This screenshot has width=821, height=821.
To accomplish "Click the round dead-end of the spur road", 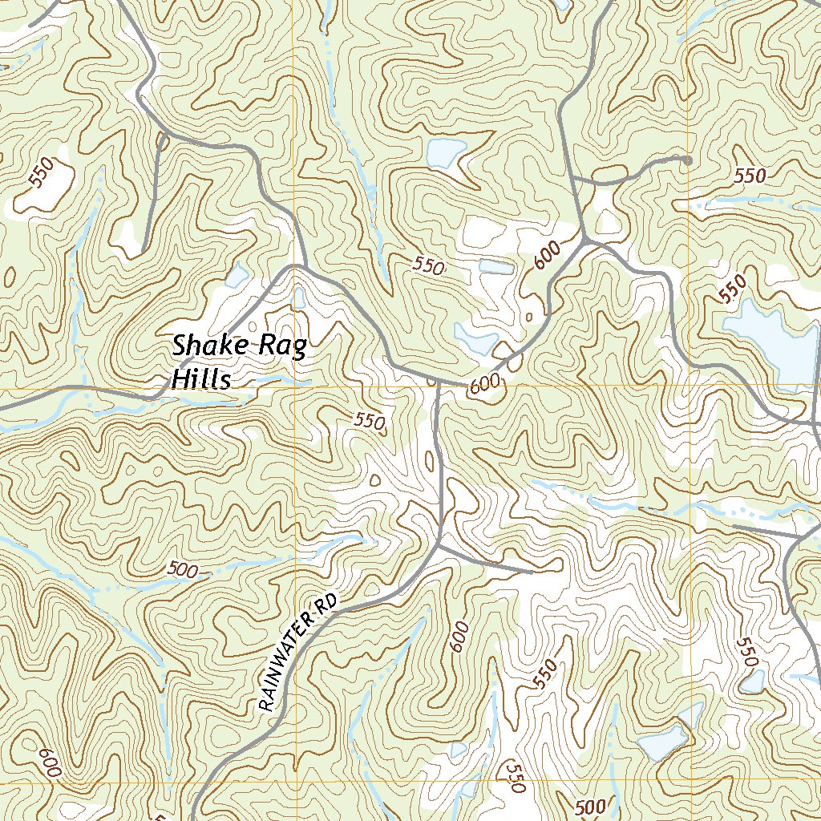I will point(687,160).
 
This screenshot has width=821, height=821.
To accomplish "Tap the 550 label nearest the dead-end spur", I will point(750,176).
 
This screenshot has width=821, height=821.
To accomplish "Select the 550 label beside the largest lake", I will point(733,287).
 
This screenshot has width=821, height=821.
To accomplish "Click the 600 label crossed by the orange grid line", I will point(485,385).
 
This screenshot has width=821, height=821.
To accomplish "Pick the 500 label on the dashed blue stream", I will point(183,569).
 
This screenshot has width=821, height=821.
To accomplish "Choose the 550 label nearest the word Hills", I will point(370,419).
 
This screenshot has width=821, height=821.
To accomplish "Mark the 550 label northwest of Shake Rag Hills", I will point(39,172).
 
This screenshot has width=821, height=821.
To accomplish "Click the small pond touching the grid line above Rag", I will point(299,297).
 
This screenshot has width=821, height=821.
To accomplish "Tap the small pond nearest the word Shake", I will point(237,276).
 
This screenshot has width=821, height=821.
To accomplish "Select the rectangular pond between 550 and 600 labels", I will point(495,266).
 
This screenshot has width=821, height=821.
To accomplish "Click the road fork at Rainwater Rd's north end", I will point(439,547).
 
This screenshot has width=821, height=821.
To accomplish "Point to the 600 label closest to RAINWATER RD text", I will point(459,637).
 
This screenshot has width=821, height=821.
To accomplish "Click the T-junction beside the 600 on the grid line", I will point(438,383).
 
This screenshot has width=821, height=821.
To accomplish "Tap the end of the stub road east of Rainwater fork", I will point(532,572).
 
